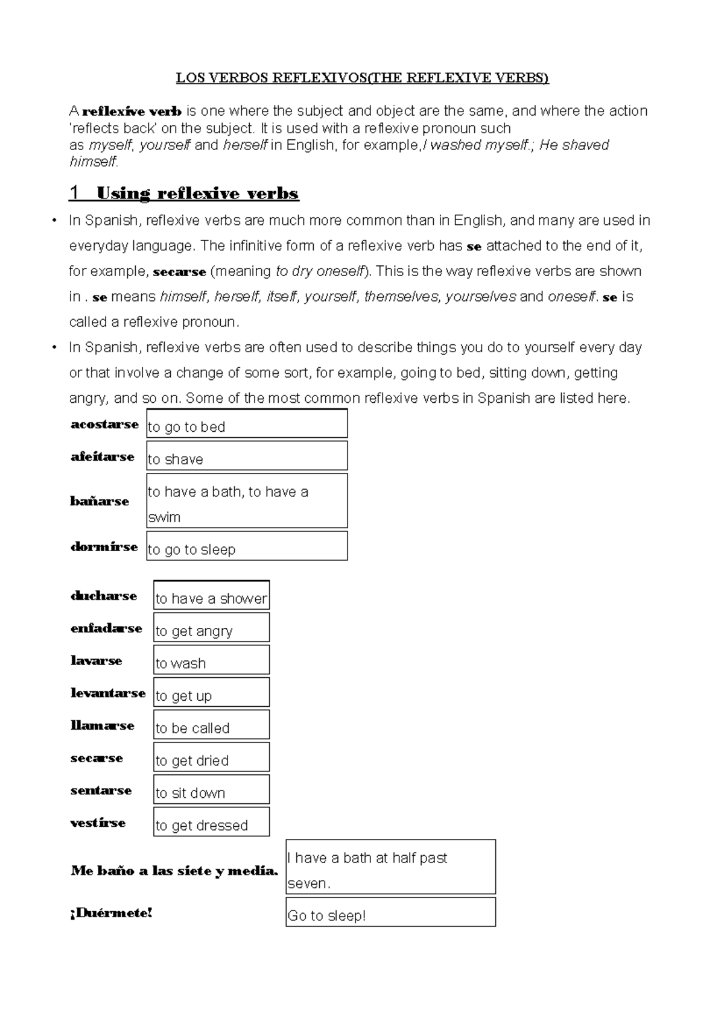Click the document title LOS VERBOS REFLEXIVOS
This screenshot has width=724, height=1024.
(x=362, y=78)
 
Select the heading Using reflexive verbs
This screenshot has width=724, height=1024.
(x=197, y=194)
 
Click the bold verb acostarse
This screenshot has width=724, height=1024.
(x=104, y=425)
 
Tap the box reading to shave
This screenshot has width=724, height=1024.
(x=247, y=456)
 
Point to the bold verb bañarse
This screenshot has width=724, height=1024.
(x=100, y=501)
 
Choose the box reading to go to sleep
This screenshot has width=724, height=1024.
(x=247, y=546)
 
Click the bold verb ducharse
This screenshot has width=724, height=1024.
(x=104, y=596)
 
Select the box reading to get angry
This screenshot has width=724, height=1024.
(x=211, y=628)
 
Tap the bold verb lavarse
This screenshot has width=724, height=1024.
(x=96, y=661)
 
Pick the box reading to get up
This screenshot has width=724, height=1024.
(x=211, y=693)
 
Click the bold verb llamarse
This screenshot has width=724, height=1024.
(x=102, y=725)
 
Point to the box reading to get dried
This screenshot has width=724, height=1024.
(x=211, y=757)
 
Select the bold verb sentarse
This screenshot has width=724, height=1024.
(x=101, y=791)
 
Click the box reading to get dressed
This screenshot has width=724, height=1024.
(x=211, y=823)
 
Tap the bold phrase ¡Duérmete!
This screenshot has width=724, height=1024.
(x=112, y=913)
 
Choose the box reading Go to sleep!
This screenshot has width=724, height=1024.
(x=390, y=912)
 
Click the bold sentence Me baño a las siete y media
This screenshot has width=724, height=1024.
(x=174, y=871)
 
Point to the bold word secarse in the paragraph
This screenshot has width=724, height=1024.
(x=180, y=272)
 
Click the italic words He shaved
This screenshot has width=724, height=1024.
(x=574, y=145)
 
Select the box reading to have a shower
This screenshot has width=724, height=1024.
(x=211, y=596)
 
